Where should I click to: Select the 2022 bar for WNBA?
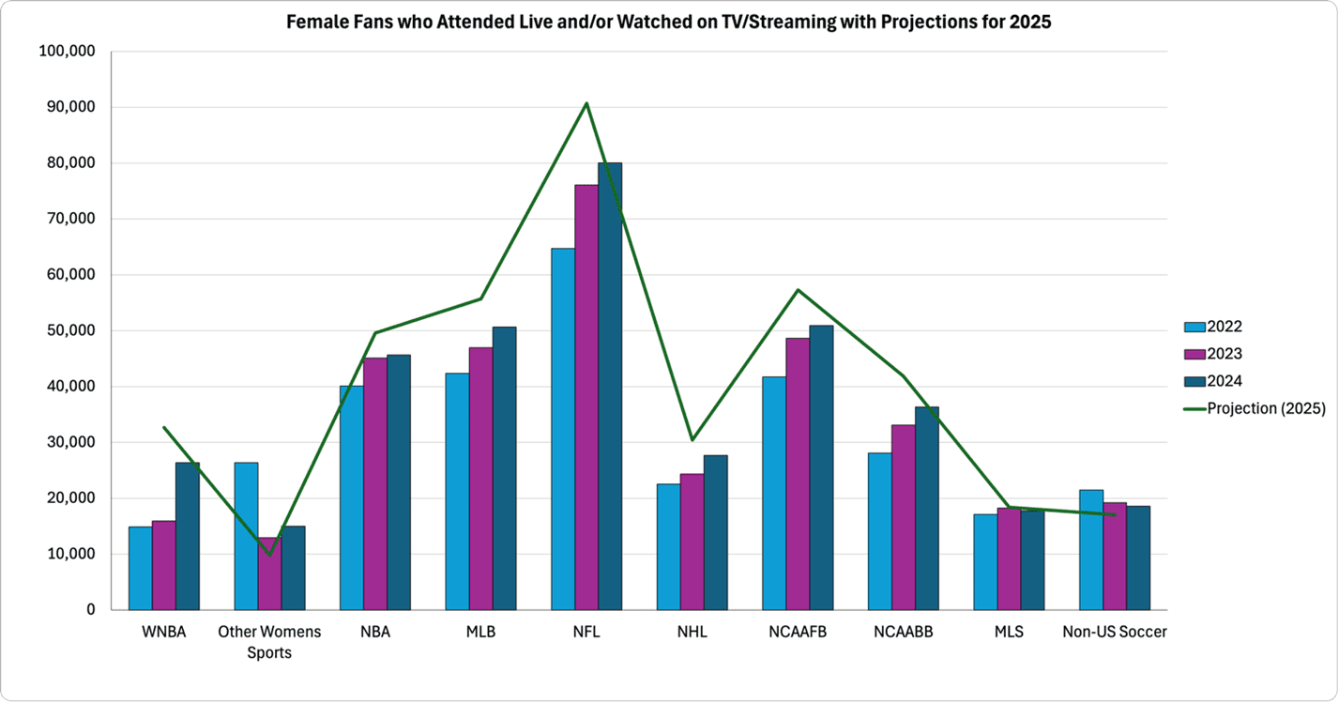click(140, 568)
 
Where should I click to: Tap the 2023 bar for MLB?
click(480, 479)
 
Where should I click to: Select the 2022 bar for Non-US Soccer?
click(1090, 550)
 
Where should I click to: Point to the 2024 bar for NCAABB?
click(926, 508)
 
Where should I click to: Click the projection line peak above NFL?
click(586, 103)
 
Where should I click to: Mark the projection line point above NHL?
click(692, 439)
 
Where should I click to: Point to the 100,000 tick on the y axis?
click(67, 52)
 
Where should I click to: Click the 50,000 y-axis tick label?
click(70, 330)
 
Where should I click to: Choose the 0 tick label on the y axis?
click(90, 610)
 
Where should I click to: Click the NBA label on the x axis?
click(374, 633)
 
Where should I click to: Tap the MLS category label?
click(1009, 633)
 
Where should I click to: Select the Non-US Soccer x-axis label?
click(1114, 633)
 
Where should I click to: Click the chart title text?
click(668, 23)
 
